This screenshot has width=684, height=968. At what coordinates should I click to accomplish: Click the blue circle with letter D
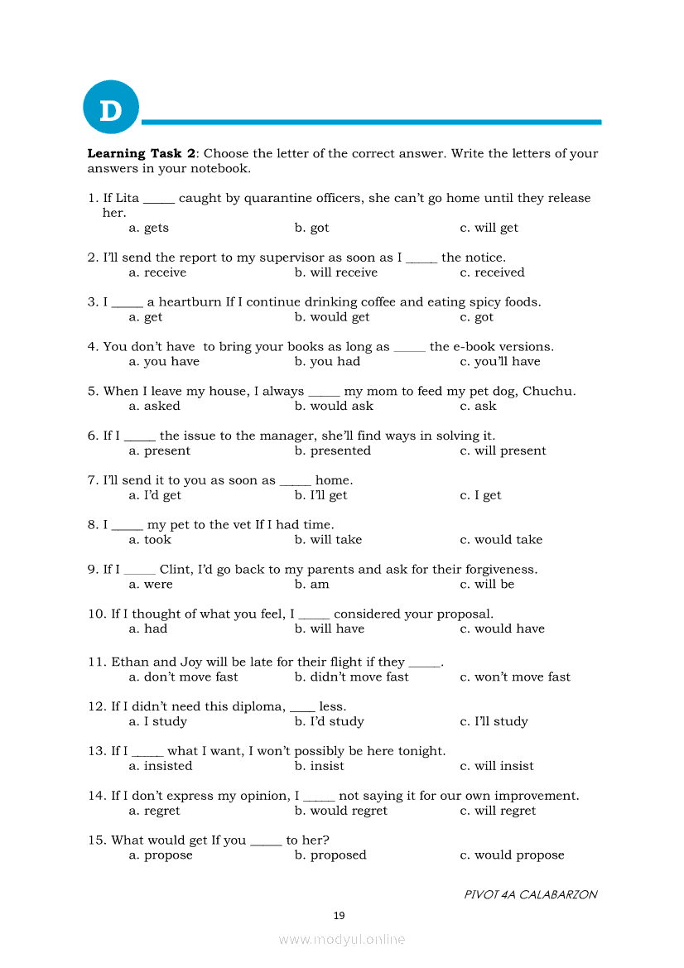(110, 108)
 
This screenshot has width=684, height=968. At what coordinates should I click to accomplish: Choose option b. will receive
(335, 272)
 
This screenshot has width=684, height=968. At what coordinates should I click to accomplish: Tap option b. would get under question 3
(332, 317)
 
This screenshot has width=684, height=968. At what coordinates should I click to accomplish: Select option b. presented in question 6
(332, 451)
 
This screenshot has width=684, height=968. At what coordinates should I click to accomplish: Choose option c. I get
(480, 496)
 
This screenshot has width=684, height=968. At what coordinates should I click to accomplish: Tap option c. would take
(501, 540)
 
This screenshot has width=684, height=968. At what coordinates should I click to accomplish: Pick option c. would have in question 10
(502, 629)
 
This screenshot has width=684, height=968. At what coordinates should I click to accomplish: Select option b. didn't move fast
(351, 677)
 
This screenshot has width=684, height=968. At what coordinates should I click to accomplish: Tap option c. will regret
(498, 811)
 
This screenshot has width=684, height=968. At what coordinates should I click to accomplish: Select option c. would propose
(512, 855)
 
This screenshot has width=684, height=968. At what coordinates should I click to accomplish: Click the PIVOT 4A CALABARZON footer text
(530, 895)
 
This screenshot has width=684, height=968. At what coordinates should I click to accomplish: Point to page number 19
(339, 916)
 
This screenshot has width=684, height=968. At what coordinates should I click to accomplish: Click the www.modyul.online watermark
(342, 940)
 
